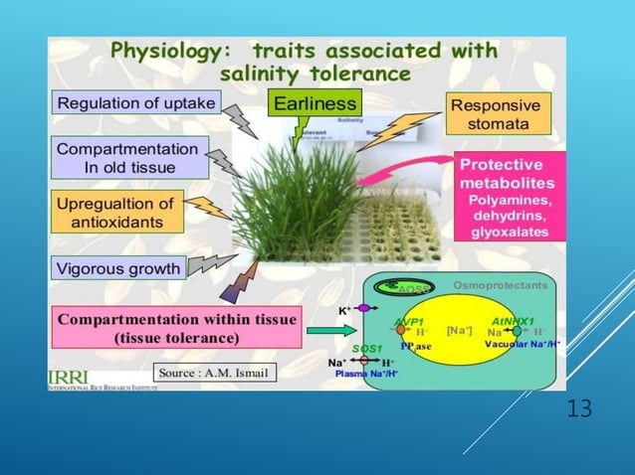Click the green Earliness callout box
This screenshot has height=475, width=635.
[314, 102]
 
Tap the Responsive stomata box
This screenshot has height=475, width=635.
[495, 114]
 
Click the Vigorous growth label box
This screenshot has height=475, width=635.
[119, 267]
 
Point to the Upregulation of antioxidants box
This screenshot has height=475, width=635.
[115, 212]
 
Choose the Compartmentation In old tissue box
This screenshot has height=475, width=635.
[129, 157]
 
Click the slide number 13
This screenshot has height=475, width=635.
[577, 408]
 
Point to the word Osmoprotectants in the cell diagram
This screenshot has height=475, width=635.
[500, 284]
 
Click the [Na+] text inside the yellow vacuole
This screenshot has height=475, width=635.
[459, 329]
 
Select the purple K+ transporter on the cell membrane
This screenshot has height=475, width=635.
[363, 309]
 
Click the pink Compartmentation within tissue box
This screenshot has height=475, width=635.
[175, 328]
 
